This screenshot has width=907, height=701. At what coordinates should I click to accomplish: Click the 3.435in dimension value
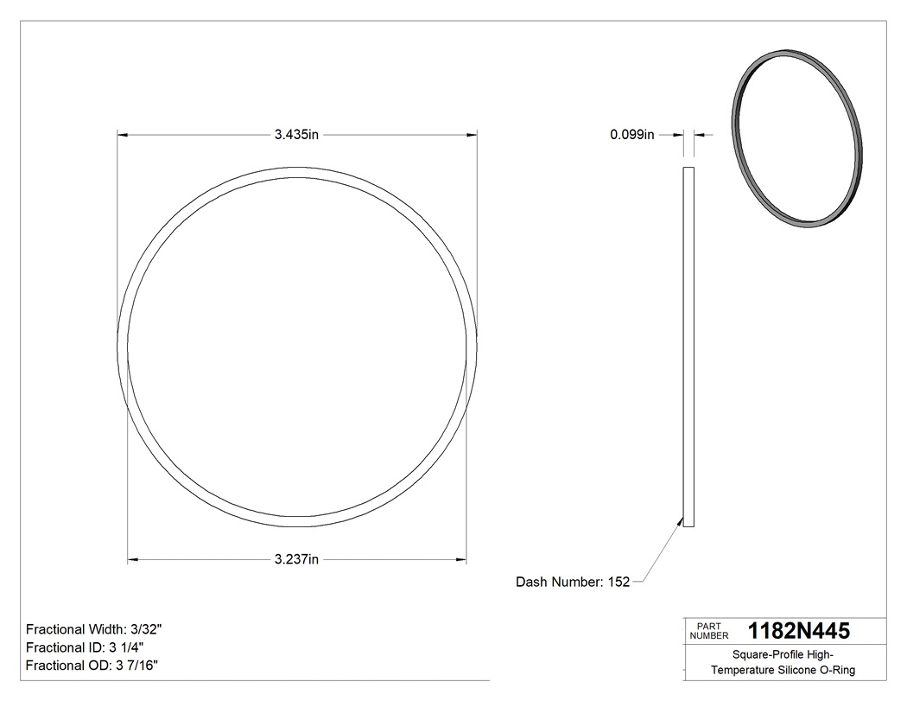point(296,134)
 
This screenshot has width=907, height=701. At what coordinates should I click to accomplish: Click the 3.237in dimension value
point(296,560)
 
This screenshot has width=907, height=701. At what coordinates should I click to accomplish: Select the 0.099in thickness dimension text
point(632,134)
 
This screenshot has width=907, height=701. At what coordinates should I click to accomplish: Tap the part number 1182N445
point(798,631)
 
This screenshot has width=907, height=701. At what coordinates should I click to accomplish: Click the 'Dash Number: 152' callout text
point(573,583)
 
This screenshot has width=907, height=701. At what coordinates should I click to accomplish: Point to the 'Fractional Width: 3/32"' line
point(94,629)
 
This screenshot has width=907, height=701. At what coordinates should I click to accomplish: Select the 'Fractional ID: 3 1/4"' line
point(85,647)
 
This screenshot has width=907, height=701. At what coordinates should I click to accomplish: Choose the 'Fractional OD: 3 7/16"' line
point(92,666)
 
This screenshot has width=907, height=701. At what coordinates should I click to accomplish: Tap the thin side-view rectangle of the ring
point(688,346)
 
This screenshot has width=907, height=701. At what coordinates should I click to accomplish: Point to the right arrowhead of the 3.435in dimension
point(473,134)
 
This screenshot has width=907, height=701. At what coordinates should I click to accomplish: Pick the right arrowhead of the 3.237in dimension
point(462,560)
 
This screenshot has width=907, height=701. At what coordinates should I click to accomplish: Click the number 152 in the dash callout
point(618,583)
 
